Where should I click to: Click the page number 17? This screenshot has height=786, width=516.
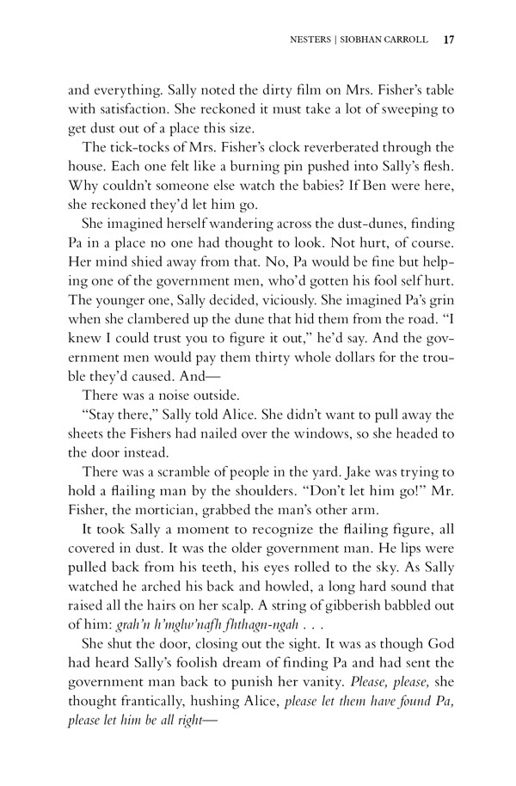tap(448, 39)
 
